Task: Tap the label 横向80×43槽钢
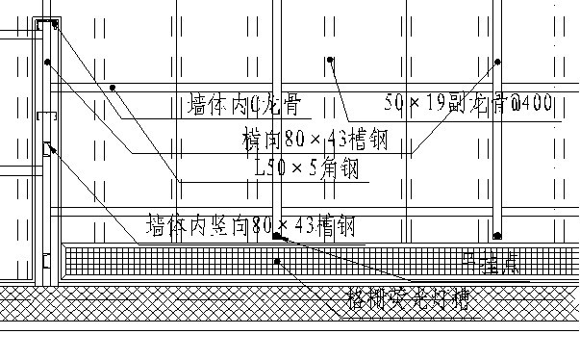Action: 315,141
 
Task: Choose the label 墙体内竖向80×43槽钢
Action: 249,227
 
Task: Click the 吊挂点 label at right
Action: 491,263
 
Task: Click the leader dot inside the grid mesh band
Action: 277,261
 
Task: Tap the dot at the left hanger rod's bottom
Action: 276,235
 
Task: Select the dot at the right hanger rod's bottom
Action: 497,234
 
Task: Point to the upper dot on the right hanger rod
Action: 497,62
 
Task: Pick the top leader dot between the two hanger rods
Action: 329,60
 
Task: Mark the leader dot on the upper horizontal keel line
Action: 113,88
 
